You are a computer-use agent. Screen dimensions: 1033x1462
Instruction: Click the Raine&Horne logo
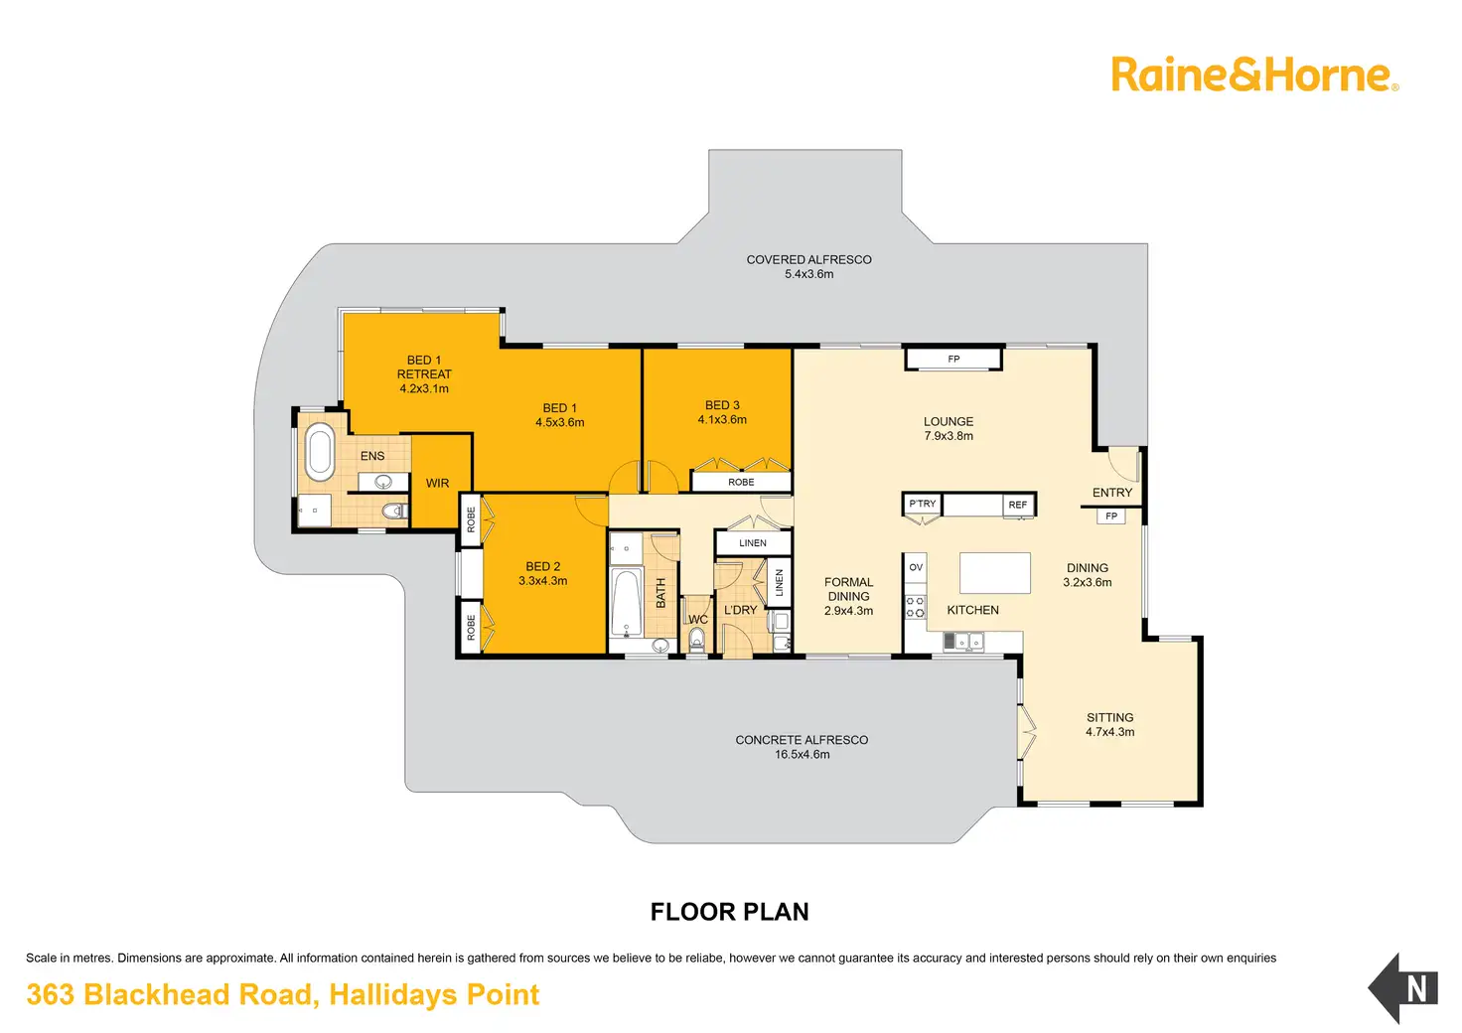(1253, 74)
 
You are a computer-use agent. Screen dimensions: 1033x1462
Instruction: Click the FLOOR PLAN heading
(729, 912)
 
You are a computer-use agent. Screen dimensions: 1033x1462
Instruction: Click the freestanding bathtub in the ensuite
(320, 452)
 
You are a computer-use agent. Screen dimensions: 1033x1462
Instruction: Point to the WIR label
(437, 484)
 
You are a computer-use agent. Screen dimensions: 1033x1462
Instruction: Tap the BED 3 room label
(722, 405)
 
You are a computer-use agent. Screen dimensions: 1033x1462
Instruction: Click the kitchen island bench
(994, 573)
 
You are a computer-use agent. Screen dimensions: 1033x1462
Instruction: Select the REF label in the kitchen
(1018, 505)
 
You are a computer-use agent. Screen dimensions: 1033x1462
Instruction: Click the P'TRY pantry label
(923, 504)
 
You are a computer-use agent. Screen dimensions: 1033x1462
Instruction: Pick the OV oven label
(916, 567)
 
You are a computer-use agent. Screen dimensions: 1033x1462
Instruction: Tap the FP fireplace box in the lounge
(953, 359)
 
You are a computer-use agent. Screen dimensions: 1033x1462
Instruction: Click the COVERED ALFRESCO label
(808, 259)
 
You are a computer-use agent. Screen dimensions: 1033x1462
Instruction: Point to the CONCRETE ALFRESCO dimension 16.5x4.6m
(802, 755)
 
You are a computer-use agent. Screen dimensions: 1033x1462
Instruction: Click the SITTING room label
(1109, 717)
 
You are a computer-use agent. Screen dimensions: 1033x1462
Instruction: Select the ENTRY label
(1111, 493)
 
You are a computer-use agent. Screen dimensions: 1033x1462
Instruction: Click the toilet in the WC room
(696, 641)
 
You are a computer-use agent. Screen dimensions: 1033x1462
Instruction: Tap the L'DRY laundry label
(740, 610)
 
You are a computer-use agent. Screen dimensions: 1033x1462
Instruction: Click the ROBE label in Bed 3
(741, 482)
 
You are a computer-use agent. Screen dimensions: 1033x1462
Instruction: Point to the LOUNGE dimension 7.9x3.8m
(949, 436)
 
